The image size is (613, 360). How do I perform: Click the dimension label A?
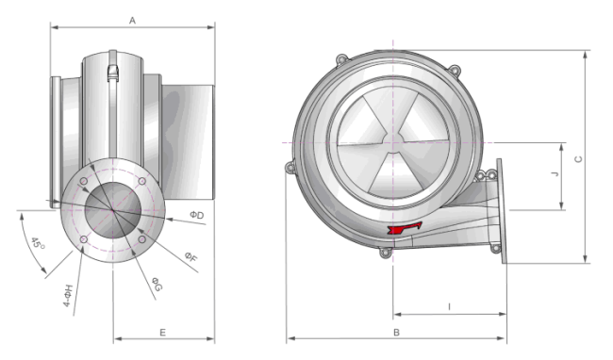tap(133, 21)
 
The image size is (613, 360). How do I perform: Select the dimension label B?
tap(396, 333)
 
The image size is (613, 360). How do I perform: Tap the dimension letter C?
tap(579, 159)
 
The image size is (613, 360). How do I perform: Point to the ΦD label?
tap(197, 215)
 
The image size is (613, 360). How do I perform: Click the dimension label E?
tap(162, 333)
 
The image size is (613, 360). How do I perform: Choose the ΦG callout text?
tap(157, 285)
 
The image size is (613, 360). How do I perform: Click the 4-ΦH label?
tap(69, 296)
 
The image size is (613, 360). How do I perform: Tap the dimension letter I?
tap(449, 307)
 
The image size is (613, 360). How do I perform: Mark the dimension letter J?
tap(555, 173)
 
